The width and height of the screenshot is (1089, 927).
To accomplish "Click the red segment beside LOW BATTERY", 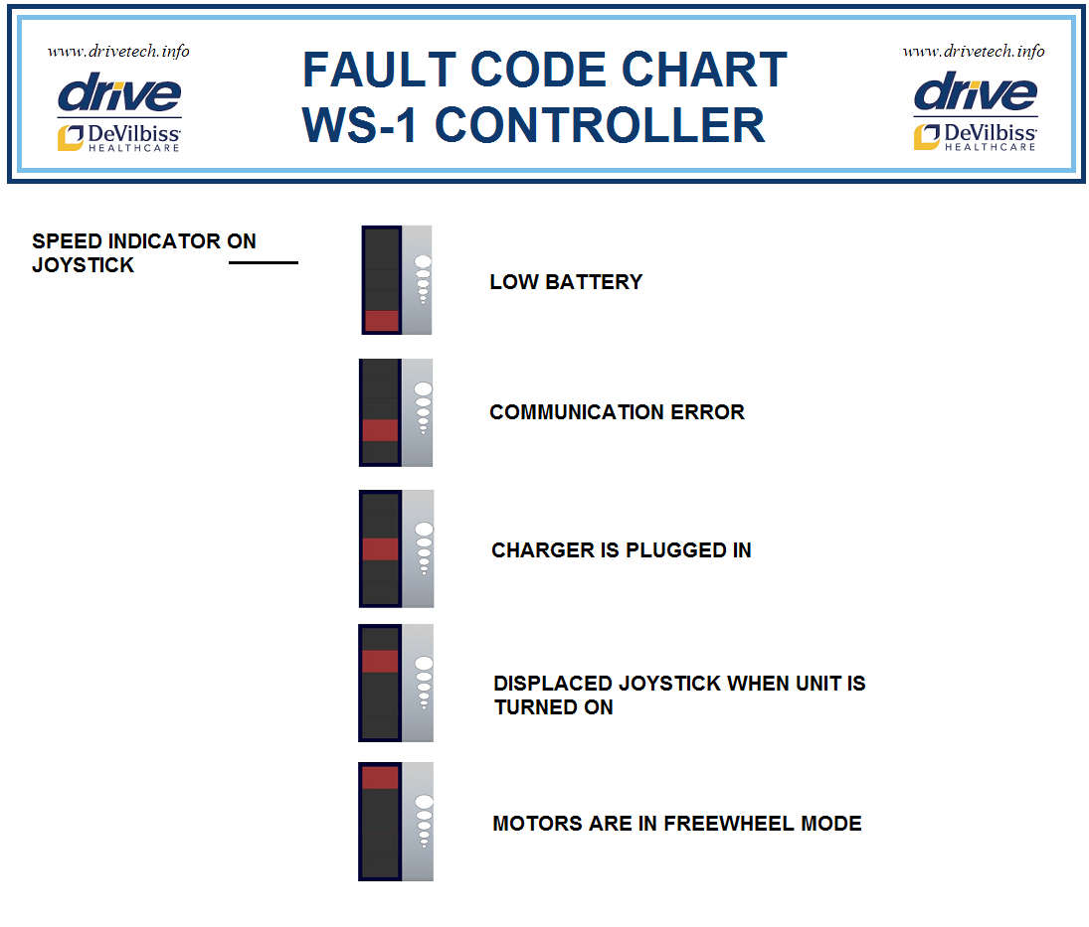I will coord(382,320).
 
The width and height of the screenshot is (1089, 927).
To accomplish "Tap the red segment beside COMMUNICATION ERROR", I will coord(380,430).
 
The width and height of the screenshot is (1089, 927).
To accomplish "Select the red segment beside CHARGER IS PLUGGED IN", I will coord(380,549).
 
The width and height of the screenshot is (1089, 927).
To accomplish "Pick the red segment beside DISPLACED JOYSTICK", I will coord(380,662).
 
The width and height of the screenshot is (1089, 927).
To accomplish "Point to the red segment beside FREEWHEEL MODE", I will coord(380,777).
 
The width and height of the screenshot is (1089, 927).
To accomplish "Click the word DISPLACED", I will coord(553,685).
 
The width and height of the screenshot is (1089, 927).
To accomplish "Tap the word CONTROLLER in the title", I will coord(601,126).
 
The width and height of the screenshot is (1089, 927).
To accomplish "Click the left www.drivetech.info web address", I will coord(118,52).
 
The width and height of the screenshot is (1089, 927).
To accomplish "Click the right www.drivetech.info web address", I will coord(974,52).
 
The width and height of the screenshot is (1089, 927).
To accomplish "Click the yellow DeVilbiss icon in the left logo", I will coord(70,137).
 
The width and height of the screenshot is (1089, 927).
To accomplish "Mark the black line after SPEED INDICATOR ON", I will coord(264,263).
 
